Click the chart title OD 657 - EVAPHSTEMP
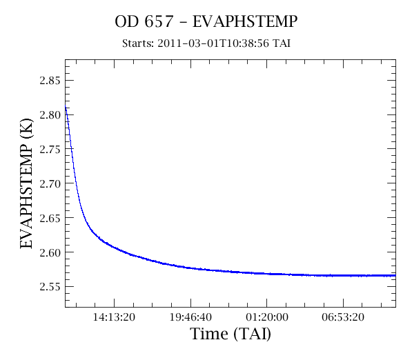(x=206, y=21)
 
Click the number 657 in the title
(x=159, y=21)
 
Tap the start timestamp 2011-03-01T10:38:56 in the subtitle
(x=213, y=43)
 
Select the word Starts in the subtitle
(x=138, y=43)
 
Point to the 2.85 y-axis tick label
(x=50, y=81)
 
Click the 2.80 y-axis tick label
(x=50, y=115)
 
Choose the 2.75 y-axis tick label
(x=50, y=150)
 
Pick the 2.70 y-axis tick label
(x=50, y=184)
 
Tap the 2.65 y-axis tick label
(x=50, y=218)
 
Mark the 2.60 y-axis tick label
(x=50, y=252)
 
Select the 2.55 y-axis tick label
(x=50, y=287)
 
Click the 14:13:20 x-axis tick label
(x=114, y=317)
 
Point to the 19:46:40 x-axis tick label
(x=190, y=317)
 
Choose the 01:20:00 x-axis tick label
(x=266, y=317)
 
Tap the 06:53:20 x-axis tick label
(x=343, y=317)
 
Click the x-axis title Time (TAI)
(x=230, y=334)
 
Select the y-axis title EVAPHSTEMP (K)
(x=26, y=183)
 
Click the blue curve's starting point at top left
(x=66, y=106)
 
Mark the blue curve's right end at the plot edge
(x=395, y=275)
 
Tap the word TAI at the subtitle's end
(x=282, y=43)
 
